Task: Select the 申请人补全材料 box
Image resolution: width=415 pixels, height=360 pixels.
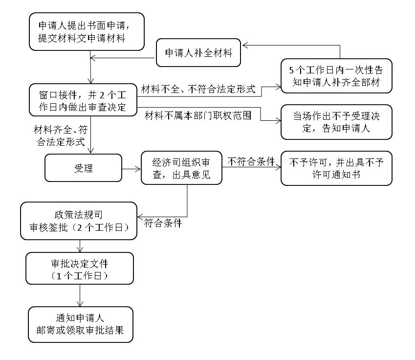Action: [x=198, y=53]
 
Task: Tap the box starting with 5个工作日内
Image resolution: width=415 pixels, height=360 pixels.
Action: [x=336, y=76]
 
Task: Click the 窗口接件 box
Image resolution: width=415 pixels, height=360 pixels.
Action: [x=82, y=100]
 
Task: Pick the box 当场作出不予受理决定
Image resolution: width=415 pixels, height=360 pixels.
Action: [x=336, y=122]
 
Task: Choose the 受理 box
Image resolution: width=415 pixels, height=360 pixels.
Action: [x=83, y=168]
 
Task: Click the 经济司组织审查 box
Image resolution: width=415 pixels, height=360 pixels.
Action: [x=181, y=168]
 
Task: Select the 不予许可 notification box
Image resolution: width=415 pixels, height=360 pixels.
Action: [x=336, y=168]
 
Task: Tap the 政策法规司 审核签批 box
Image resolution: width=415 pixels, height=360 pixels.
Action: [x=78, y=222]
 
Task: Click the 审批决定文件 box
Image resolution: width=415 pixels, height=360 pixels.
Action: [x=79, y=269]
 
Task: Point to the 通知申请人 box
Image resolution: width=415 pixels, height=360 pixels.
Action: [x=80, y=324]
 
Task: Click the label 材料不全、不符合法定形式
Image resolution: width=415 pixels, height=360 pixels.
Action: [x=198, y=89]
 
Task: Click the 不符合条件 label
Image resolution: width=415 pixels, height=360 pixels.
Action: [x=251, y=161]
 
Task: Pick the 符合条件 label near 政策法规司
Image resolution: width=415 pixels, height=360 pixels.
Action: [x=163, y=224]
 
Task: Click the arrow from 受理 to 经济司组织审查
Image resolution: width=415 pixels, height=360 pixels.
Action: [x=131, y=169]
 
